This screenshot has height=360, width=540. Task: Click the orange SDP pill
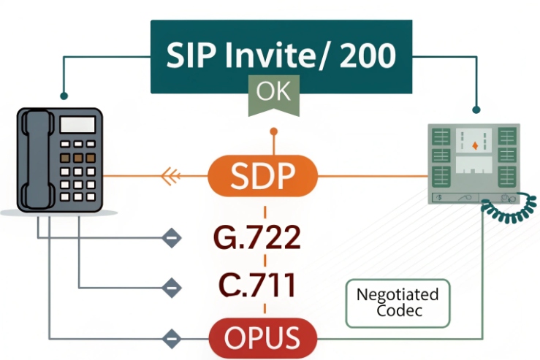point(263,176)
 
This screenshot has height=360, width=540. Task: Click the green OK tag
point(273,93)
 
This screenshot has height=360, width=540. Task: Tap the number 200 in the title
point(362,55)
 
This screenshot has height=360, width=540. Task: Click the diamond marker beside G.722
point(170,238)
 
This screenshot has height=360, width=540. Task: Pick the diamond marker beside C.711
point(170,287)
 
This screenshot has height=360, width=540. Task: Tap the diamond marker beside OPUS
point(170,338)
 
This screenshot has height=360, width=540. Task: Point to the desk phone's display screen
point(77,124)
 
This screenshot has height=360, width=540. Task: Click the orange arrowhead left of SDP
point(170,175)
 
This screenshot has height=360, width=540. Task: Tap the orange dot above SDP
point(274,132)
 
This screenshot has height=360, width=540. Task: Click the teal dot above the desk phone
point(64,95)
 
